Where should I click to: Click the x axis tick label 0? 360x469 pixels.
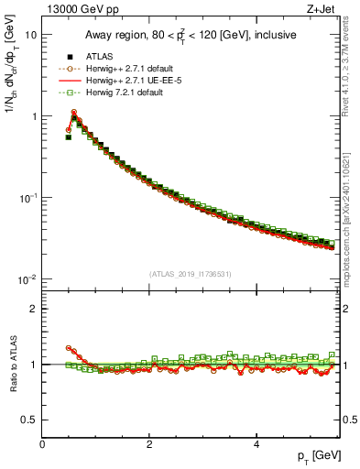tap(43, 444)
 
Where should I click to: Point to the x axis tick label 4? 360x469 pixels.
tap(256, 444)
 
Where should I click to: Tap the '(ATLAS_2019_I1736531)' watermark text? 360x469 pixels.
tap(190, 274)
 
